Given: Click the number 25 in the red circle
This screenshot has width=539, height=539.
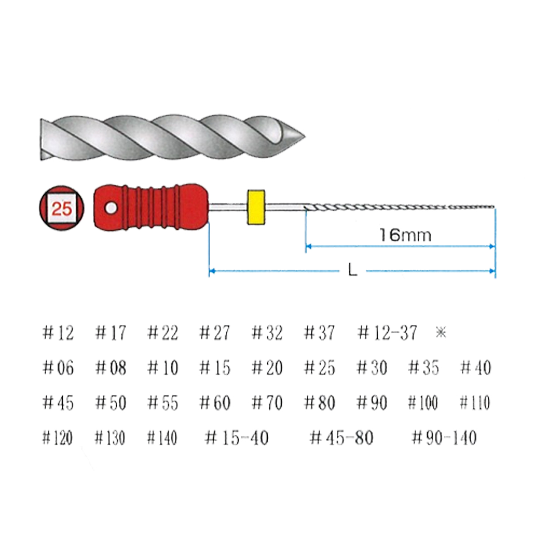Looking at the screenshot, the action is click(x=62, y=209).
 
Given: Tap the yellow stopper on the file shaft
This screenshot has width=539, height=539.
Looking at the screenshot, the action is click(x=256, y=207).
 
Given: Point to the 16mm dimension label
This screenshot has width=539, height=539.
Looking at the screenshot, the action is click(x=405, y=235).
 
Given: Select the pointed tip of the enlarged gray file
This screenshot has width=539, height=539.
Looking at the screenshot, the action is click(x=305, y=137).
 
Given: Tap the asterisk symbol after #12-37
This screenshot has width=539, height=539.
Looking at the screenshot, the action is click(x=441, y=332).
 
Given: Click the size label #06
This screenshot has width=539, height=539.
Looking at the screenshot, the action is click(x=58, y=367).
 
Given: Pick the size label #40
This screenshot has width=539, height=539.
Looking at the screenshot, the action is click(x=476, y=367).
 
